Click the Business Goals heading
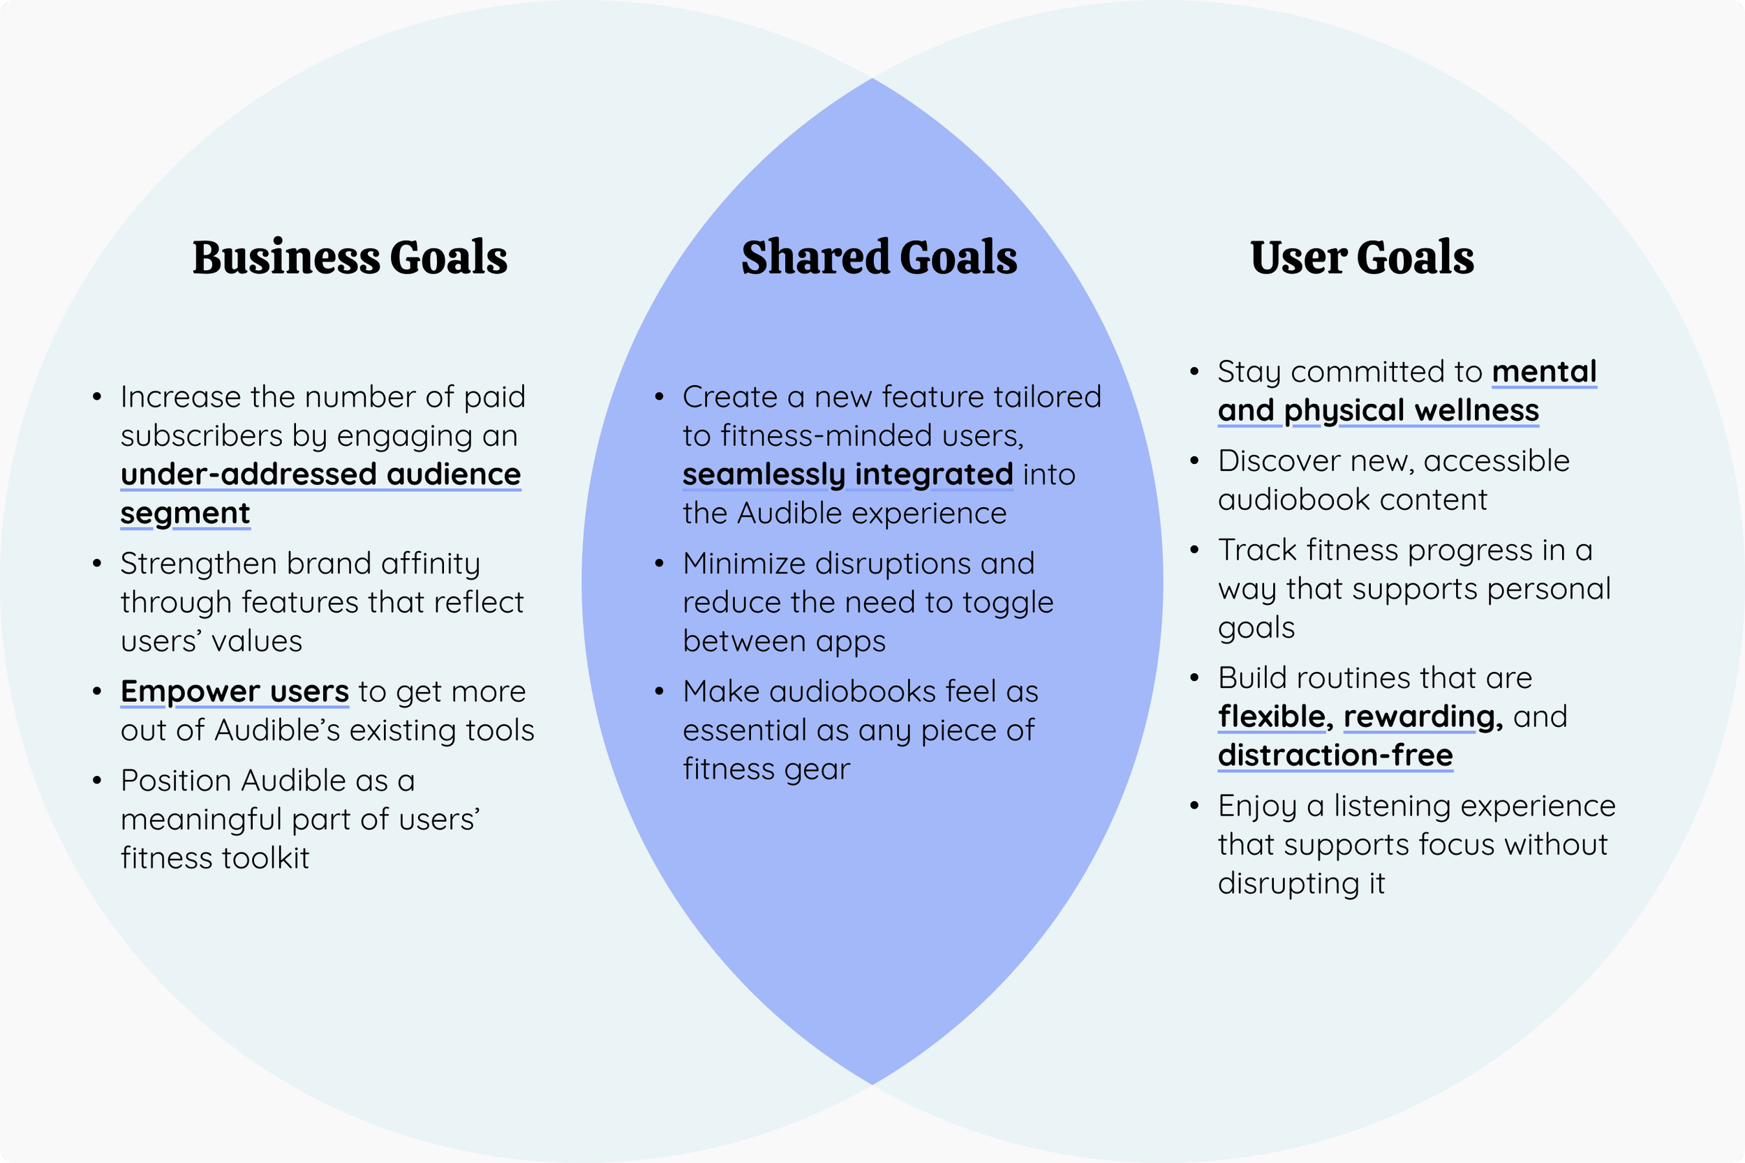click(350, 257)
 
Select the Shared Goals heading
click(879, 257)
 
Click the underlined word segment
click(186, 513)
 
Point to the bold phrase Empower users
click(235, 691)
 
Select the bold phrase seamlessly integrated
click(847, 474)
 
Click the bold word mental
click(1544, 372)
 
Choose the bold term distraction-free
click(1335, 755)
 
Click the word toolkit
click(266, 858)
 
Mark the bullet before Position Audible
click(96, 780)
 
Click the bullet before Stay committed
click(1194, 372)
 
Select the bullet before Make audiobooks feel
click(659, 691)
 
